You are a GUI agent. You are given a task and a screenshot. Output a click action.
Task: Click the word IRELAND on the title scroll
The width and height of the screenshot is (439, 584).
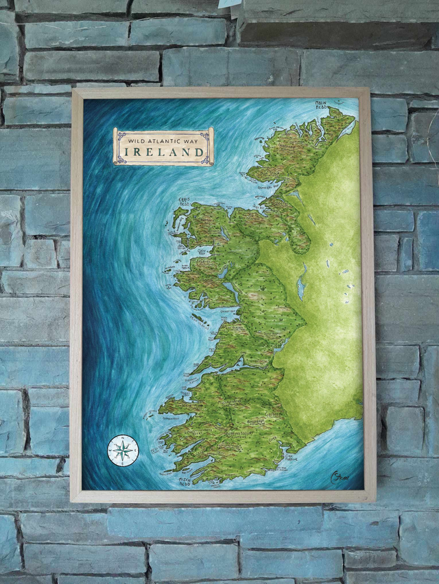tap(163, 152)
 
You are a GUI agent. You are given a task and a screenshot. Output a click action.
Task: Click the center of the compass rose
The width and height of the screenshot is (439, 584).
tap(123, 450)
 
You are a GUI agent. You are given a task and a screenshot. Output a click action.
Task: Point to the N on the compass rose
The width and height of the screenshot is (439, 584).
tap(123, 438)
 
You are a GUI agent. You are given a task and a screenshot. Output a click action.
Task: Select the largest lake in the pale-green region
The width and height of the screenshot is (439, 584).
tap(302, 282)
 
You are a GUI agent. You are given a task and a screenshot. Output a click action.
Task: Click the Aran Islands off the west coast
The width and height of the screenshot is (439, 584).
tap(199, 319)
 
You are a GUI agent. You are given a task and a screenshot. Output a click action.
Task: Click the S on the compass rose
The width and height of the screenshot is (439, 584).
tap(123, 464)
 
